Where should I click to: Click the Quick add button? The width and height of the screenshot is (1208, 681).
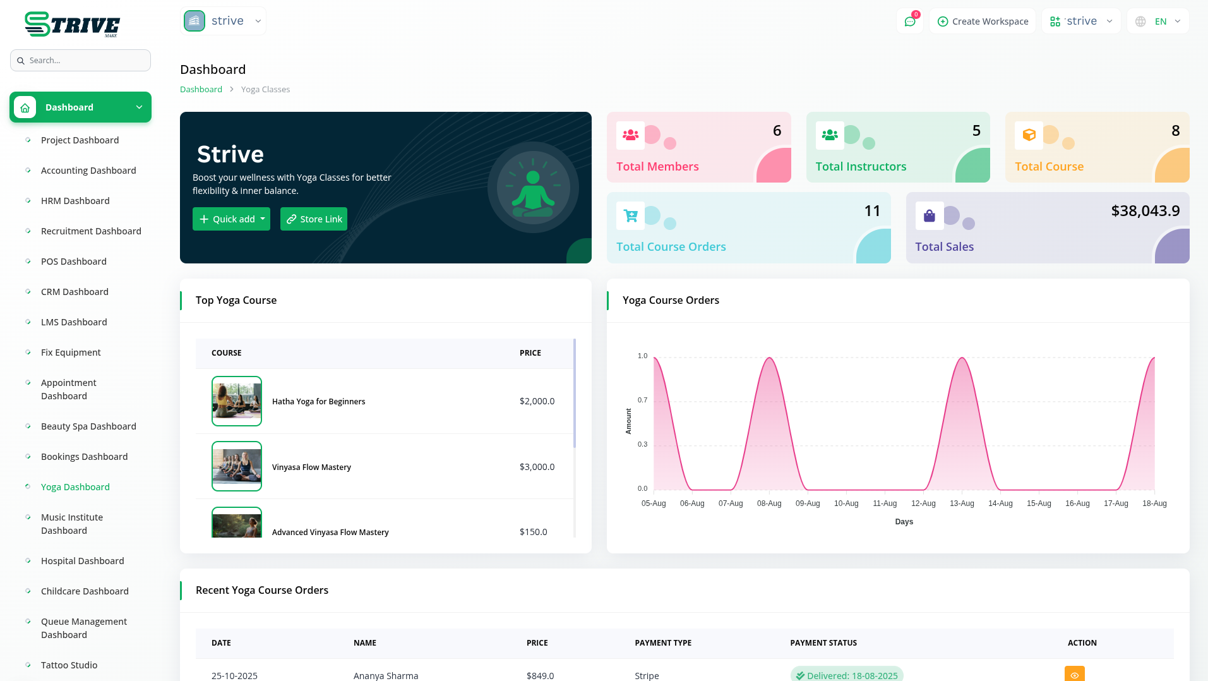click(x=231, y=219)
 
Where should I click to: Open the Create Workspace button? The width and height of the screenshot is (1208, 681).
click(x=983, y=21)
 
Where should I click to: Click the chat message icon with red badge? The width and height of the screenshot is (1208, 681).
click(x=910, y=21)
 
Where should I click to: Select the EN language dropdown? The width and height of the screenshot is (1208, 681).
click(x=1159, y=21)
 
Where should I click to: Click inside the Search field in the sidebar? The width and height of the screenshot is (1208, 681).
click(x=81, y=61)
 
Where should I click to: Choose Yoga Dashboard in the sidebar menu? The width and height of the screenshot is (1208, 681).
click(x=75, y=487)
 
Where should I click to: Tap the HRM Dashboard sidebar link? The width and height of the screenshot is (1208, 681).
click(x=75, y=201)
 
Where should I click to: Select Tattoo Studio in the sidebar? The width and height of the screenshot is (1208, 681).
click(x=69, y=665)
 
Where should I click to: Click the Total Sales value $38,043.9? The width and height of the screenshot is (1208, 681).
click(x=1145, y=211)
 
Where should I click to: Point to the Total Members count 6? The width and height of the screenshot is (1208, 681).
click(x=777, y=131)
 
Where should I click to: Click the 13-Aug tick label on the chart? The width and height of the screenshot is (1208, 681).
click(x=962, y=503)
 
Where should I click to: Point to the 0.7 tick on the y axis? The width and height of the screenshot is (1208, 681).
click(x=642, y=400)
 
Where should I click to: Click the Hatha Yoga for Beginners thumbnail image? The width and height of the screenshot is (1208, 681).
click(x=237, y=401)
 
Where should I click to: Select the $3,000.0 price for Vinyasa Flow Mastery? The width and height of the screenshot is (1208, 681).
click(x=537, y=467)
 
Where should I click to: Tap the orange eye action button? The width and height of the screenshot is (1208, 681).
click(x=1074, y=674)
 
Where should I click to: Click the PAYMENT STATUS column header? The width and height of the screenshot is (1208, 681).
click(x=823, y=643)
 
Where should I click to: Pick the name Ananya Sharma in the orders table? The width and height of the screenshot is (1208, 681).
click(x=386, y=676)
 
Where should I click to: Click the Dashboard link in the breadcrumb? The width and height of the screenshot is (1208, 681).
click(x=201, y=90)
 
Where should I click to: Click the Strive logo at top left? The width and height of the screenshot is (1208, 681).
click(x=73, y=25)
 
